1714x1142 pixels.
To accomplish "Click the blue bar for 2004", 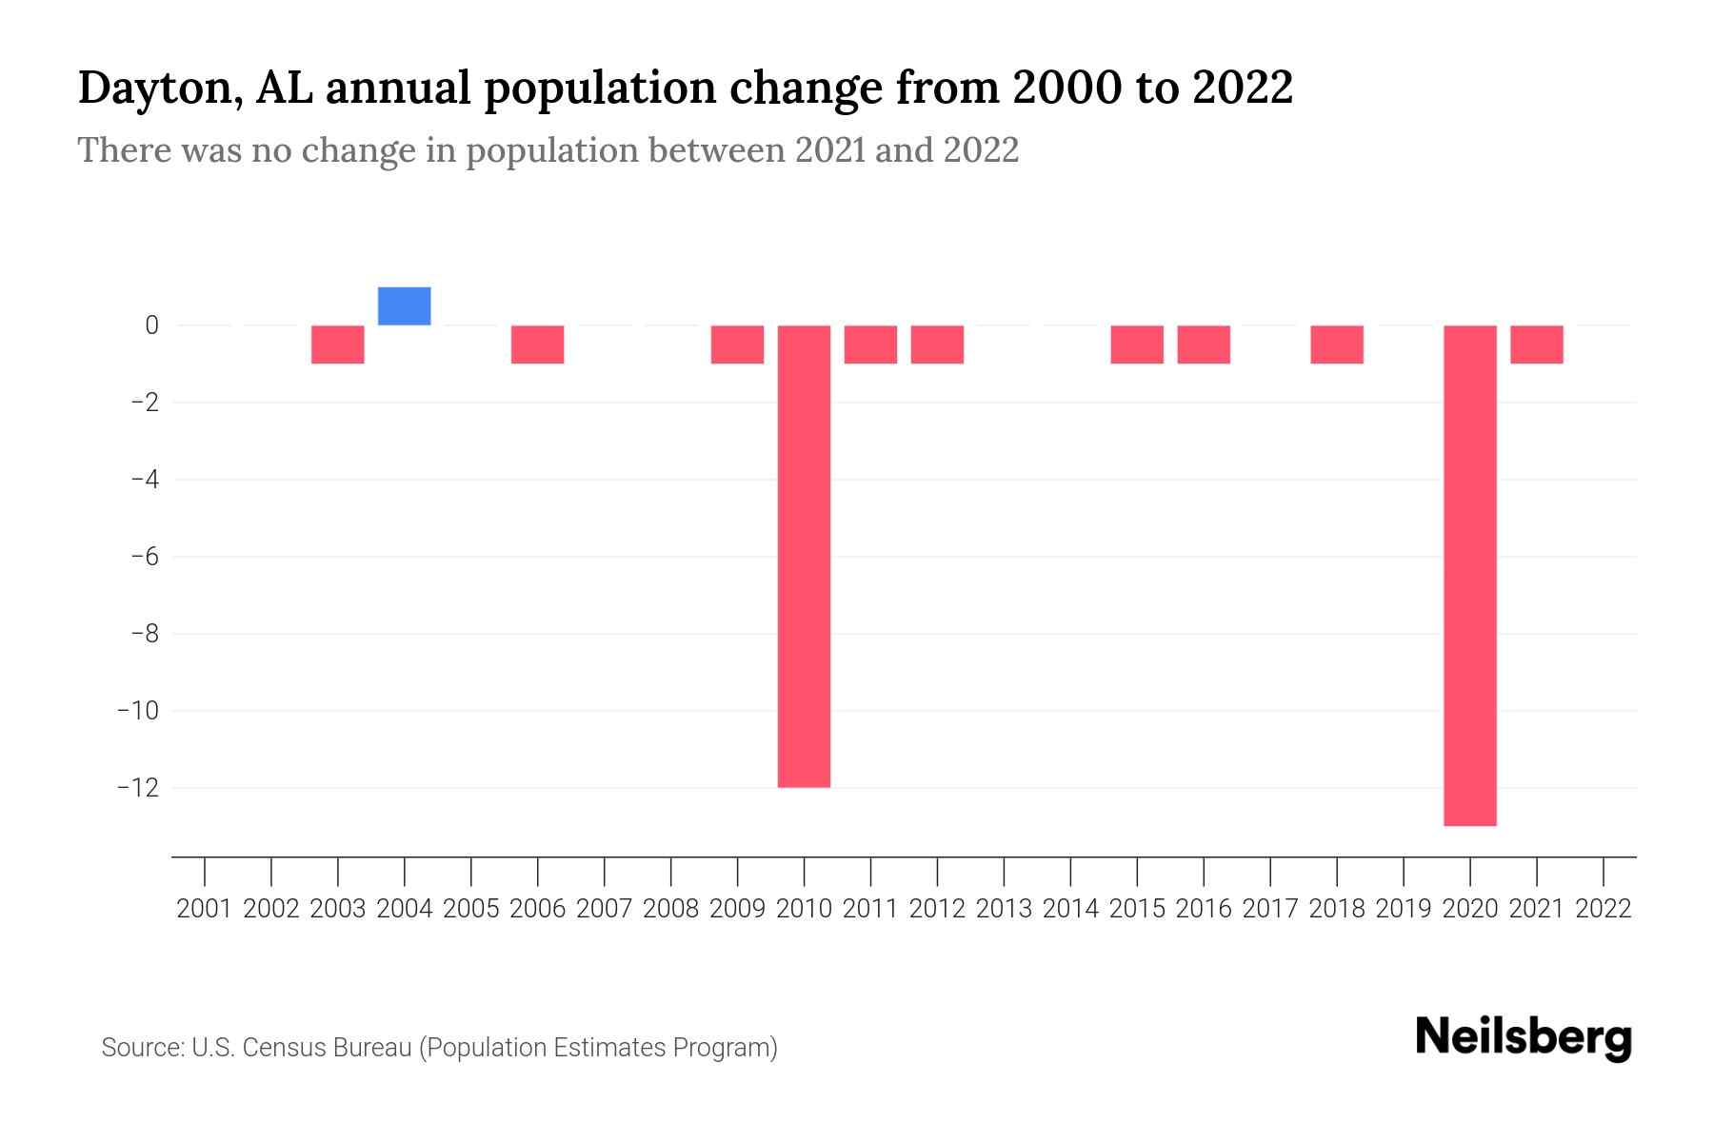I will [404, 306].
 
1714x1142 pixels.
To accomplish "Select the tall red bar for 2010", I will [804, 557].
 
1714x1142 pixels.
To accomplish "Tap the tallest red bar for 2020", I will [1469, 576].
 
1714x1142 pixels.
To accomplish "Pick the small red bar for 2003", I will [337, 345].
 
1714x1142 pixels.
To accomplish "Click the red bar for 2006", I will [537, 345].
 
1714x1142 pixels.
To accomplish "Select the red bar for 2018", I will [1336, 345].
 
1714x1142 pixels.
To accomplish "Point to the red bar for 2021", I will [1536, 345].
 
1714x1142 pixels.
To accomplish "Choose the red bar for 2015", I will [1136, 345].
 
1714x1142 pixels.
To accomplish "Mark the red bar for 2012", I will [937, 345].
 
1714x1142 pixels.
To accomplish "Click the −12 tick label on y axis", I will [138, 788].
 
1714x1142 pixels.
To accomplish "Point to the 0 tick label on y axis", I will [151, 325].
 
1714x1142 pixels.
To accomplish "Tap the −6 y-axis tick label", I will [145, 557].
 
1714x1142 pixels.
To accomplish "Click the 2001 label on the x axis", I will [205, 909].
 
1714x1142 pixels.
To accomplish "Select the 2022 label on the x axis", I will [1604, 909].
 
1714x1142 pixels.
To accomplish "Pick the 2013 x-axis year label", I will [1004, 909].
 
